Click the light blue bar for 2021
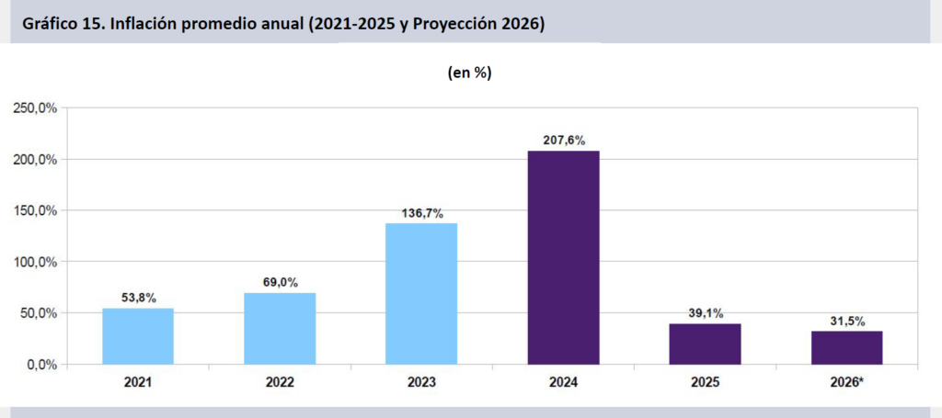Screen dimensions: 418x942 coord(138,336)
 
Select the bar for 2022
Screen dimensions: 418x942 coord(280,329)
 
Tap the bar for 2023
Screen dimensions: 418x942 coord(421,294)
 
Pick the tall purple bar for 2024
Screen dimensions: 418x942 coord(563,258)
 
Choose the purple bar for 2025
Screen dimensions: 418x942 coord(705,345)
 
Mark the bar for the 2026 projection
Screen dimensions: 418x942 coord(846,348)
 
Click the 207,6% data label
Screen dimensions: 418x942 coord(563,141)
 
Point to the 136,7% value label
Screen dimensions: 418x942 coord(421,213)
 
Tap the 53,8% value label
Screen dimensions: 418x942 coord(138,298)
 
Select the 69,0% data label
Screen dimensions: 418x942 coord(280,283)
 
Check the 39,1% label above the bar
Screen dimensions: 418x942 coord(705,313)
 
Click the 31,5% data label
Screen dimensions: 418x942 coord(846,321)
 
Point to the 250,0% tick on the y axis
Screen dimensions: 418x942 coord(34,108)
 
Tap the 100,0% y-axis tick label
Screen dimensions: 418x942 coord(34,262)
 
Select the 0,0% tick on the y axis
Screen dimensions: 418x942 coord(40,365)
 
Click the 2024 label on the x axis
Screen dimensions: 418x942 coord(563,381)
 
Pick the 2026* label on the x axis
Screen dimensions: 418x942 coord(846,381)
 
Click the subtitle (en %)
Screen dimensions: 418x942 coord(469,73)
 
